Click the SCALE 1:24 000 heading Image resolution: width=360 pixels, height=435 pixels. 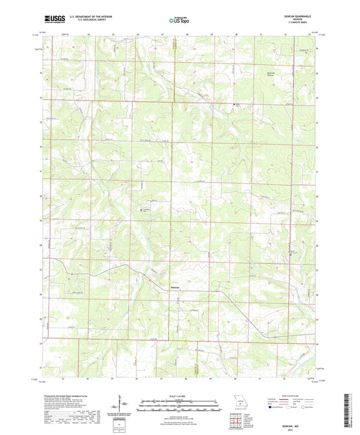[180, 395]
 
